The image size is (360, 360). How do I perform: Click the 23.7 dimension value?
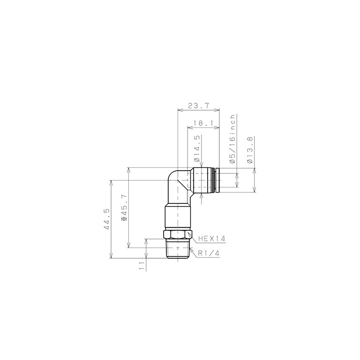pyautogui.click(x=198, y=106)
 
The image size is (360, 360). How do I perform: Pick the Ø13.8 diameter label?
pyautogui.click(x=250, y=150)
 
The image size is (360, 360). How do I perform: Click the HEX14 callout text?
pyautogui.click(x=212, y=239)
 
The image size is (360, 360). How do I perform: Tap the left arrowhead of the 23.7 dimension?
pyautogui.click(x=180, y=111)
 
